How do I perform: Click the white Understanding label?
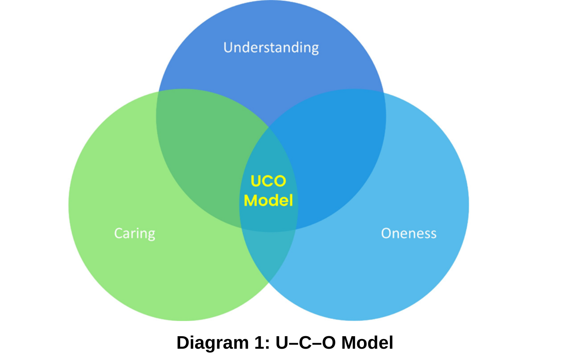(x=271, y=48)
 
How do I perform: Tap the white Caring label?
(x=135, y=233)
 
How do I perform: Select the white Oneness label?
(x=409, y=233)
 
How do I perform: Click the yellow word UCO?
(x=268, y=181)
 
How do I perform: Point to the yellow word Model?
(x=268, y=200)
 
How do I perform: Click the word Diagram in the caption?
(x=212, y=343)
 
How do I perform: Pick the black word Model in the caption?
(x=367, y=342)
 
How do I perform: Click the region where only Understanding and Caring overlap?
(x=204, y=153)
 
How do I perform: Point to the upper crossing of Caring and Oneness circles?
(x=269, y=127)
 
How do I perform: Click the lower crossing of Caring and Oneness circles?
(x=269, y=283)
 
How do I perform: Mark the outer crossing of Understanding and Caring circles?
(x=159, y=92)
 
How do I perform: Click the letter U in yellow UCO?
(x=256, y=181)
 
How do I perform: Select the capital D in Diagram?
(x=183, y=342)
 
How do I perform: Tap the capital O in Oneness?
(x=387, y=233)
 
